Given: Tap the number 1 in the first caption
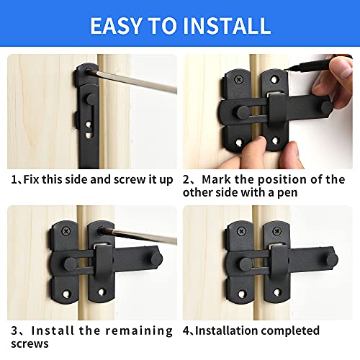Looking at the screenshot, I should pos(13,179).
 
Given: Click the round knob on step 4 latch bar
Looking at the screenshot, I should pos(332,257).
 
